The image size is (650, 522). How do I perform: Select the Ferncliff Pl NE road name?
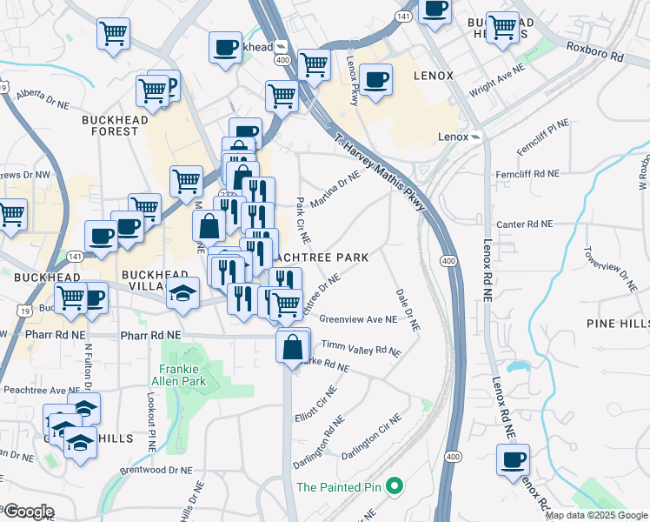point(543,137)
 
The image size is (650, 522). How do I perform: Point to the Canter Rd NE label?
point(524,224)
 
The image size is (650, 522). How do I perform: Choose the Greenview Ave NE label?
point(358,319)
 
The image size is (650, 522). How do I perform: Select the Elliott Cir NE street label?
point(315,402)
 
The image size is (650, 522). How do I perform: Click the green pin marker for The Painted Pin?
point(394,486)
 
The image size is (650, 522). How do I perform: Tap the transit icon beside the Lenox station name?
point(477,137)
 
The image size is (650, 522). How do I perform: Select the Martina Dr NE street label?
point(335,190)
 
